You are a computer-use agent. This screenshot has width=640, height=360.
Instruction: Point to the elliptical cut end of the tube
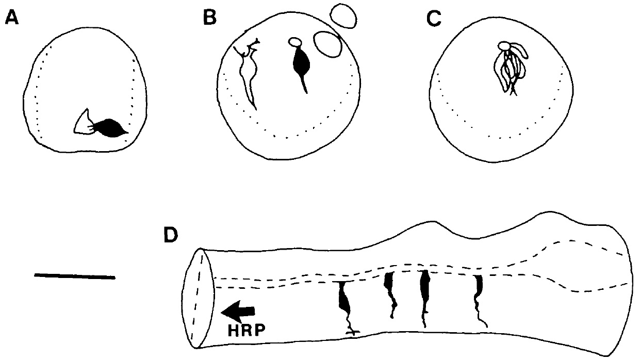196,298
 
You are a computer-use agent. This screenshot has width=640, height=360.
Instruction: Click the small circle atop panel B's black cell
295,42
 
